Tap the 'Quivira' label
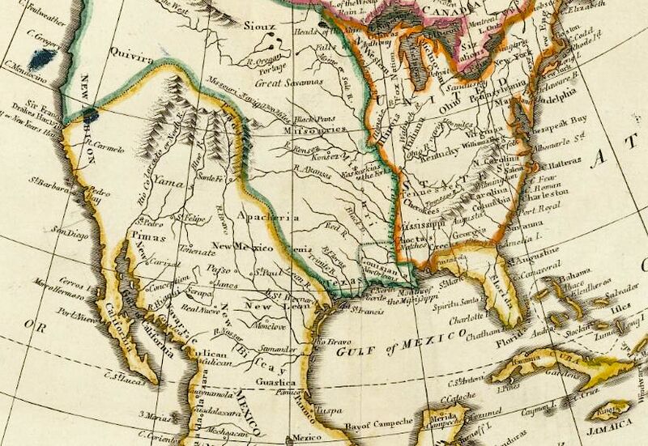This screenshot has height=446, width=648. pyautogui.click(x=135, y=58)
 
